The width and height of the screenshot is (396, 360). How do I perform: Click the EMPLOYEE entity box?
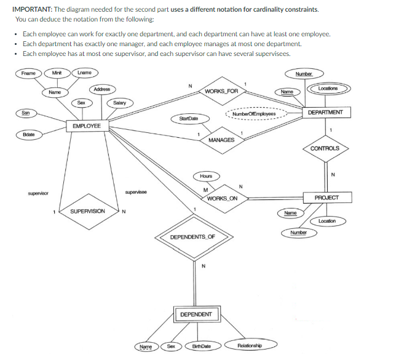coord(87,126)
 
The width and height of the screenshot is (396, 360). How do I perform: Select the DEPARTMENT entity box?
coord(329,113)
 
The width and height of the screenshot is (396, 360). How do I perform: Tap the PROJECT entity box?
coord(326,198)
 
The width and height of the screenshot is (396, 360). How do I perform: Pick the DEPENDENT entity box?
coord(196,314)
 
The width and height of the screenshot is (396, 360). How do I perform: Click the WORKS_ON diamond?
coord(222,198)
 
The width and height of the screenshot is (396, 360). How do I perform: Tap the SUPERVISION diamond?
coord(87,211)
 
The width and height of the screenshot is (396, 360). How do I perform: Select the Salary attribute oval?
coord(119,103)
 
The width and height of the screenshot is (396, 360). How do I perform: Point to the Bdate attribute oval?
coord(28,134)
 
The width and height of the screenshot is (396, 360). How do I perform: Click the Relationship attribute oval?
coord(250,346)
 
